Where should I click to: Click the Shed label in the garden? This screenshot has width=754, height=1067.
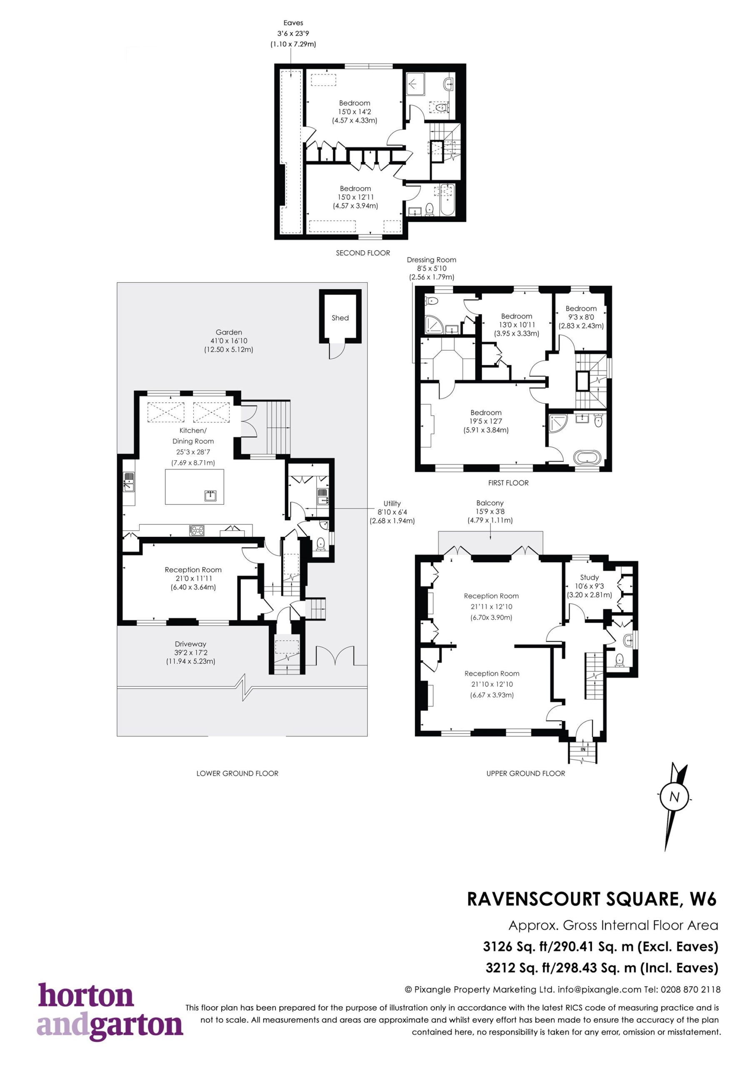click(340, 318)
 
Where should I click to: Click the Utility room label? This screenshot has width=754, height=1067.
click(392, 503)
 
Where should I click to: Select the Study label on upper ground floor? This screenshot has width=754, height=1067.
click(589, 577)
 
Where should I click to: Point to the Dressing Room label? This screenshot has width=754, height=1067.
click(431, 260)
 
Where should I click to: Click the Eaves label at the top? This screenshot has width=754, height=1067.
click(293, 23)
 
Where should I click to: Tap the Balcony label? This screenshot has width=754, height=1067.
click(489, 503)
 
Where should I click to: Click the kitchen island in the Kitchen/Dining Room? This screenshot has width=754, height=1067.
click(195, 486)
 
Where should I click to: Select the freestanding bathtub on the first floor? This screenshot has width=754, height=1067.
click(588, 457)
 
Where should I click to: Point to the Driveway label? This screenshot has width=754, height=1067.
click(190, 644)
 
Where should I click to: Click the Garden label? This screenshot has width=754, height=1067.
click(229, 332)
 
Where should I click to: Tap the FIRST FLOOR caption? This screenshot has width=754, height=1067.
click(508, 483)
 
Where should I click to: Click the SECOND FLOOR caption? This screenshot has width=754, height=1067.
click(363, 253)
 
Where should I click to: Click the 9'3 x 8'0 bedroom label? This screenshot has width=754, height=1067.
click(581, 317)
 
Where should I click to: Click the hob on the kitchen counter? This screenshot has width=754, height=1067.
click(197, 530)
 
